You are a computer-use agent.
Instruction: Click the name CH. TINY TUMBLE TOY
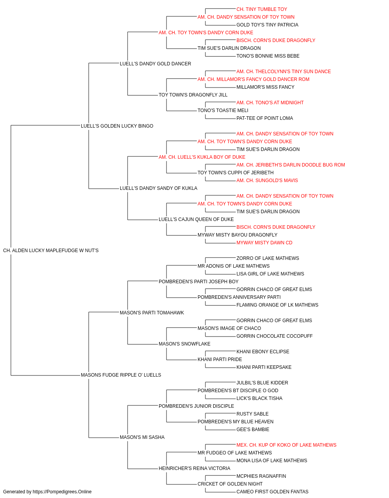[x=262, y=9]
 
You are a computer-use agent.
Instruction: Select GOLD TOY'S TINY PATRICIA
[x=267, y=25]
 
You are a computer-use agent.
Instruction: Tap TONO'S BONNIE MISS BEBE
[x=268, y=56]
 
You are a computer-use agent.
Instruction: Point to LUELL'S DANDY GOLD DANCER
[x=155, y=64]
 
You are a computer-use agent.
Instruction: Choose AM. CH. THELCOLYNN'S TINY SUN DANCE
[x=284, y=72]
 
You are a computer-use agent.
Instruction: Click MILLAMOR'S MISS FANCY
[x=265, y=87]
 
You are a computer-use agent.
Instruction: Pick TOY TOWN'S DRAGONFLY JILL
[x=193, y=95]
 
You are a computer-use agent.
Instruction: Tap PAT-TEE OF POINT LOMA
[x=265, y=118]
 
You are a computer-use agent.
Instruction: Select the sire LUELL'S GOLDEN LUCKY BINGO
[x=117, y=126]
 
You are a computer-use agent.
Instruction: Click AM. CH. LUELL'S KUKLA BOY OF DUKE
[x=202, y=157]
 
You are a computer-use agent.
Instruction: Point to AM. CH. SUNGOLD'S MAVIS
[x=267, y=181]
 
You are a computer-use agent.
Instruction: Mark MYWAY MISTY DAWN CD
[x=265, y=243]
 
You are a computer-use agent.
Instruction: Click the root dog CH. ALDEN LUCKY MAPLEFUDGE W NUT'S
[x=51, y=251]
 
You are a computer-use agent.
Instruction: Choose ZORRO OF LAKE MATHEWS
[x=268, y=258]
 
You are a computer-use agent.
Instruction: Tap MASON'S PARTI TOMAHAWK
[x=152, y=313]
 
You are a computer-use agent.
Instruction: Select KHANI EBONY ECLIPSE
[x=263, y=352]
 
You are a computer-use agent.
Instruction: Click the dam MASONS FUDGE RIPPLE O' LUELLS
[x=121, y=375]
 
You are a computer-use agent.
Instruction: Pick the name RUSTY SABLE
[x=252, y=414]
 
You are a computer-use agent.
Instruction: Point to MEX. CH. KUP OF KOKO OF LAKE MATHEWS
[x=286, y=445]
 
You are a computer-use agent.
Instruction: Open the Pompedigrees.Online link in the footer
[x=62, y=492]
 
